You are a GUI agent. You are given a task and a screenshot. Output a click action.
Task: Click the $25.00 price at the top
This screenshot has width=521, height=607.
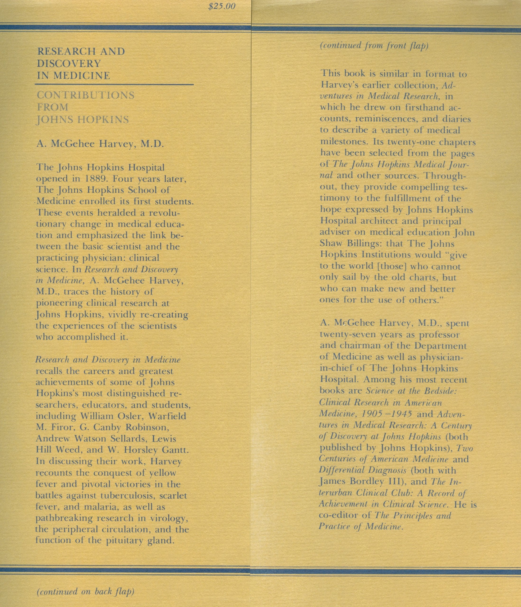click(x=221, y=7)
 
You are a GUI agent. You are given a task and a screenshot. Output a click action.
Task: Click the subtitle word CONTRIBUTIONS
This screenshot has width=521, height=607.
click(x=86, y=95)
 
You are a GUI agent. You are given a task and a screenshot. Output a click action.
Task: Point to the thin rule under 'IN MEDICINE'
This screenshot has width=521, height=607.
click(x=114, y=85)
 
